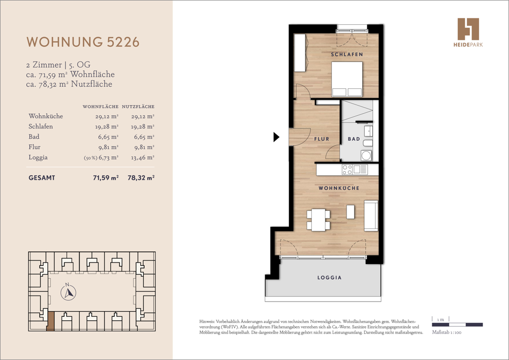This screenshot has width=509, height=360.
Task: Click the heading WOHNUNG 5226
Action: tap(82, 42)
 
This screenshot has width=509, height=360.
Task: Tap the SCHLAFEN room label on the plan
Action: tap(346, 54)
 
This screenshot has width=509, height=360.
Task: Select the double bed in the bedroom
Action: tap(347, 79)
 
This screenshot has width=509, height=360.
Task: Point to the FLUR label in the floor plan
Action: tap(322, 139)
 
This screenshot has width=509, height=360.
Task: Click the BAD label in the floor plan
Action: tap(354, 139)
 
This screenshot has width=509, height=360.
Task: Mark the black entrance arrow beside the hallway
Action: tap(276, 137)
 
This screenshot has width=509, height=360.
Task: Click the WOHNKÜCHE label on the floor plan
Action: tap(339, 188)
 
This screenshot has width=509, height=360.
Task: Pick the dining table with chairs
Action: tap(318, 219)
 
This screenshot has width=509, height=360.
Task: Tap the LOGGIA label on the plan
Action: tap(329, 278)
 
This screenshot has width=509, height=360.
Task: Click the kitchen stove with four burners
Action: tap(347, 170)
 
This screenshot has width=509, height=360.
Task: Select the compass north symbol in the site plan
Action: tap(68, 292)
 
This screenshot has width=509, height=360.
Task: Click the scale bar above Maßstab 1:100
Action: tap(457, 324)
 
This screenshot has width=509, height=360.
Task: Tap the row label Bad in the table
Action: tap(34, 137)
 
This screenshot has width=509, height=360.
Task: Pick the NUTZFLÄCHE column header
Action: tap(138, 107)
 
